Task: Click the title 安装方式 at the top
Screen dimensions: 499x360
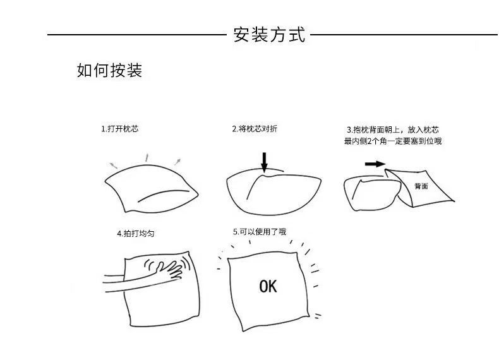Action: (x=269, y=35)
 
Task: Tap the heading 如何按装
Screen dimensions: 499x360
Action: (x=109, y=70)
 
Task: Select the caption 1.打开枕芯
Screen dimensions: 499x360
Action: (x=119, y=129)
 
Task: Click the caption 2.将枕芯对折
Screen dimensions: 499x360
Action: (x=255, y=129)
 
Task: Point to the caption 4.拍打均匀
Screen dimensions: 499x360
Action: (x=136, y=234)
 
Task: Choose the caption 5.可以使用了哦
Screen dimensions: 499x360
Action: (x=260, y=232)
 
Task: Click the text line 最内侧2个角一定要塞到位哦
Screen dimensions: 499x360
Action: (x=393, y=141)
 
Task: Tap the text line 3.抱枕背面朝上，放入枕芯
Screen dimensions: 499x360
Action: (x=393, y=130)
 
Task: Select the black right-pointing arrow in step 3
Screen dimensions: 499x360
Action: (x=375, y=164)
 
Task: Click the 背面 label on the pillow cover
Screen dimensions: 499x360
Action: (x=421, y=186)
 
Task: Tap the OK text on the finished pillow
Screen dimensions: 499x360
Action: (x=268, y=286)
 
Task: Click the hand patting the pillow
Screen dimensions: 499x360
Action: (x=169, y=270)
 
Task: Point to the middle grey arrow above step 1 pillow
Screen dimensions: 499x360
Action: (x=147, y=157)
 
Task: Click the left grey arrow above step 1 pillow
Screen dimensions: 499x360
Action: (x=114, y=165)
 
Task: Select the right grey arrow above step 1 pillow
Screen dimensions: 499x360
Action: (x=177, y=162)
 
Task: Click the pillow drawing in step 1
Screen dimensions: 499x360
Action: (x=152, y=188)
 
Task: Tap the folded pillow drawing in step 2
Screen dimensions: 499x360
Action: (x=274, y=193)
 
